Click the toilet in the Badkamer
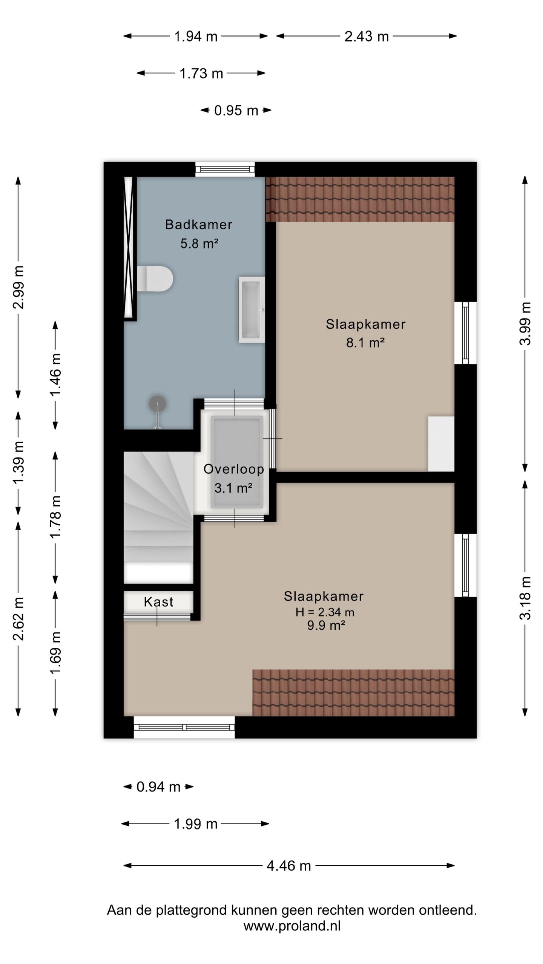tap(155, 279)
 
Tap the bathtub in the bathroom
tap(252, 310)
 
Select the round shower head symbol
tap(157, 404)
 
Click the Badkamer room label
tap(198, 224)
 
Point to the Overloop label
tap(233, 469)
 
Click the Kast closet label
tap(158, 602)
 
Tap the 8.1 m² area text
tap(365, 343)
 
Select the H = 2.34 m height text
tap(325, 612)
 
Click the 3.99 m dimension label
tap(525, 323)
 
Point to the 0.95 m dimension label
tap(236, 110)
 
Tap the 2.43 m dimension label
tap(367, 36)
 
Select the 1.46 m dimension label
tap(55, 375)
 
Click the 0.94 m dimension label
tap(158, 787)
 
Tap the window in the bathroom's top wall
tap(225, 169)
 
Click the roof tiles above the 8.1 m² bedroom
tap(360, 199)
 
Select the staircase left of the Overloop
tap(159, 518)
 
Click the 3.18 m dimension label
tap(525, 598)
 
